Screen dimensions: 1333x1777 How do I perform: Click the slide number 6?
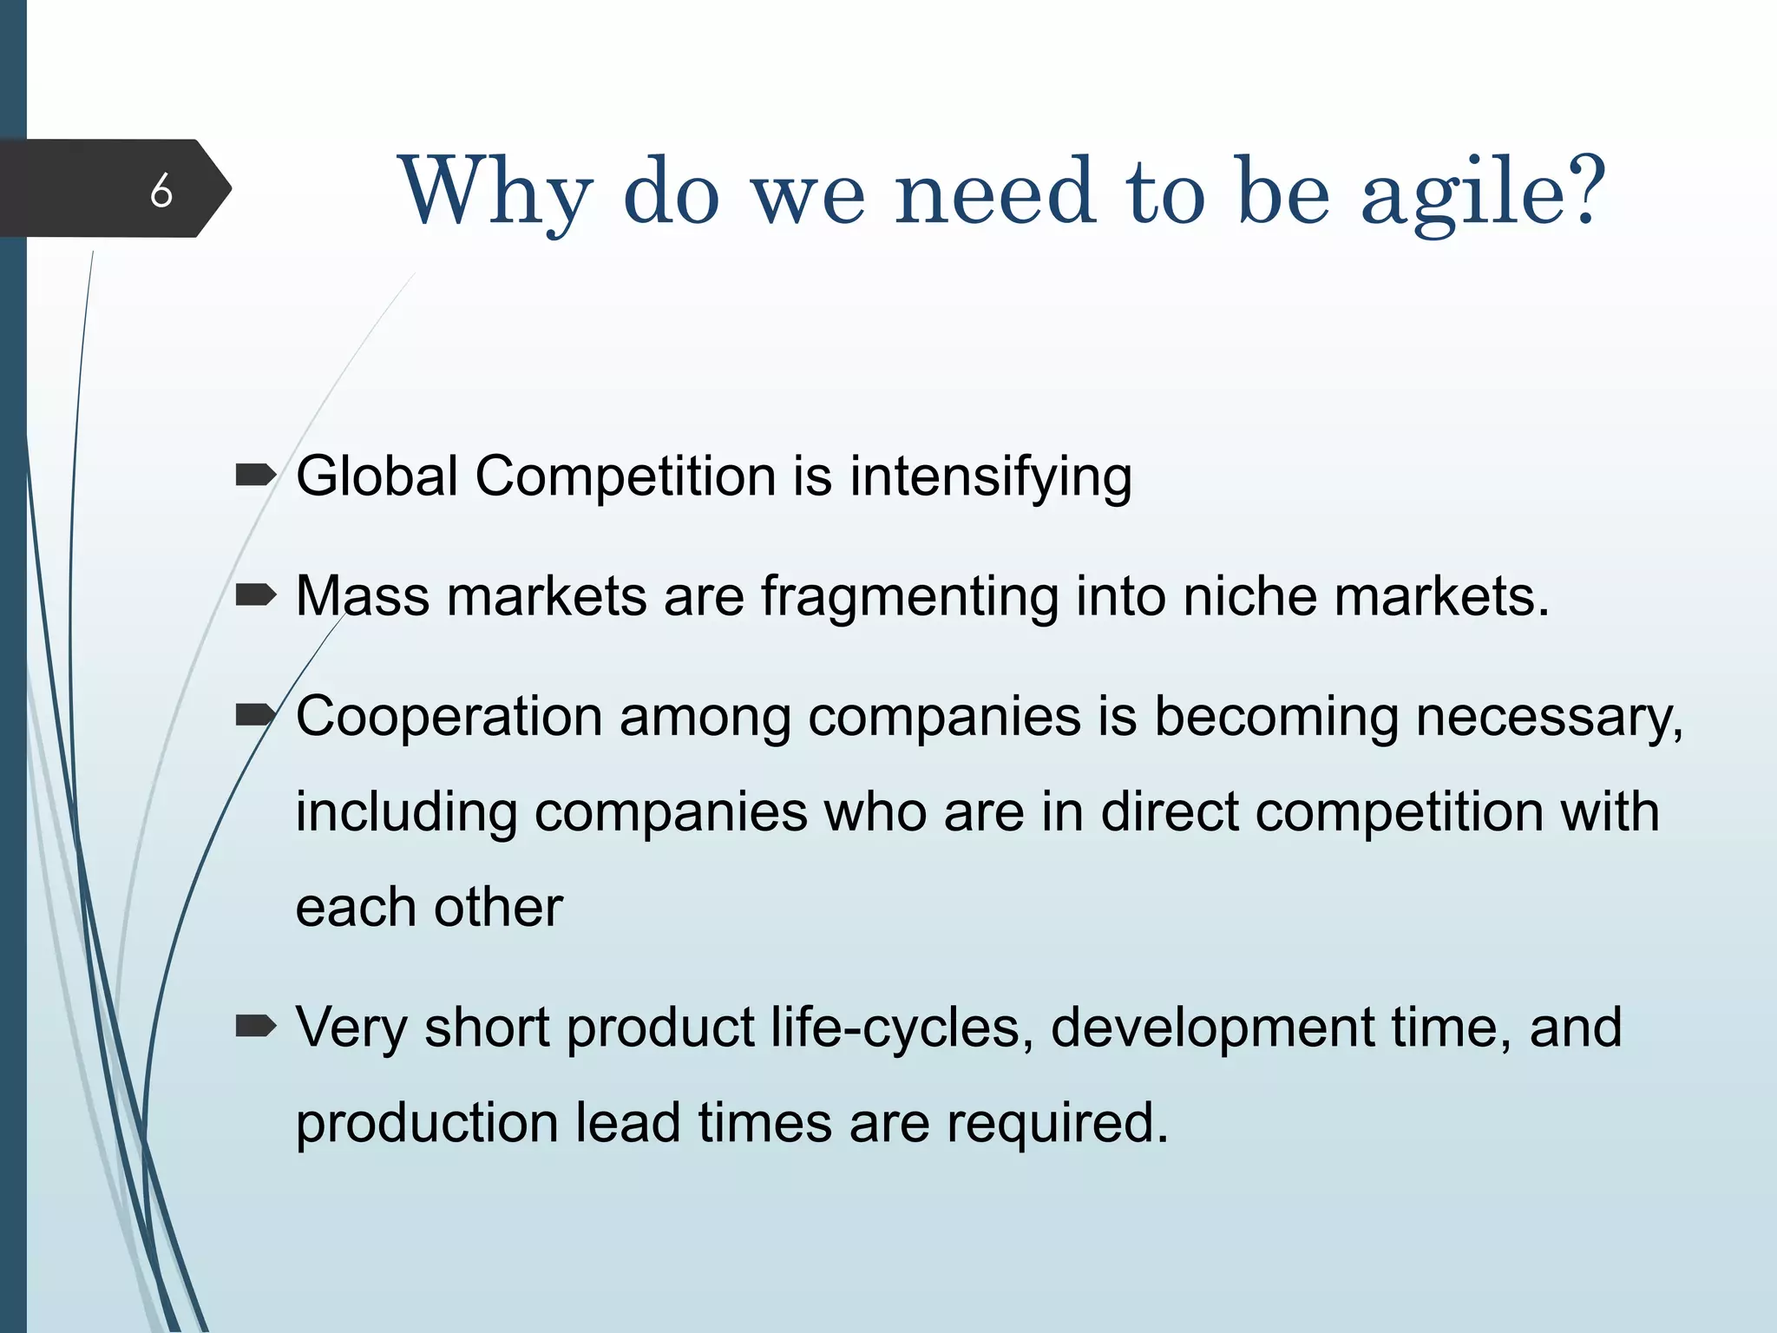click(161, 190)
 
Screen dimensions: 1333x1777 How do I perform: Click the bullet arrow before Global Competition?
click(255, 476)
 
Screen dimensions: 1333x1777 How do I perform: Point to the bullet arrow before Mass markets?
click(255, 595)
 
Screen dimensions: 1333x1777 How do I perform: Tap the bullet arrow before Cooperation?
click(255, 715)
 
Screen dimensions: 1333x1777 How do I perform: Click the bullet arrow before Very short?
click(255, 1027)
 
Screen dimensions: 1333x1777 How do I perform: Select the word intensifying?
click(990, 477)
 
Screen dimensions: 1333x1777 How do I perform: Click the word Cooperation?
click(449, 717)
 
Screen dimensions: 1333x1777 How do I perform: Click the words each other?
click(429, 908)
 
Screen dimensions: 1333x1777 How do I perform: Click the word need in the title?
click(994, 193)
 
